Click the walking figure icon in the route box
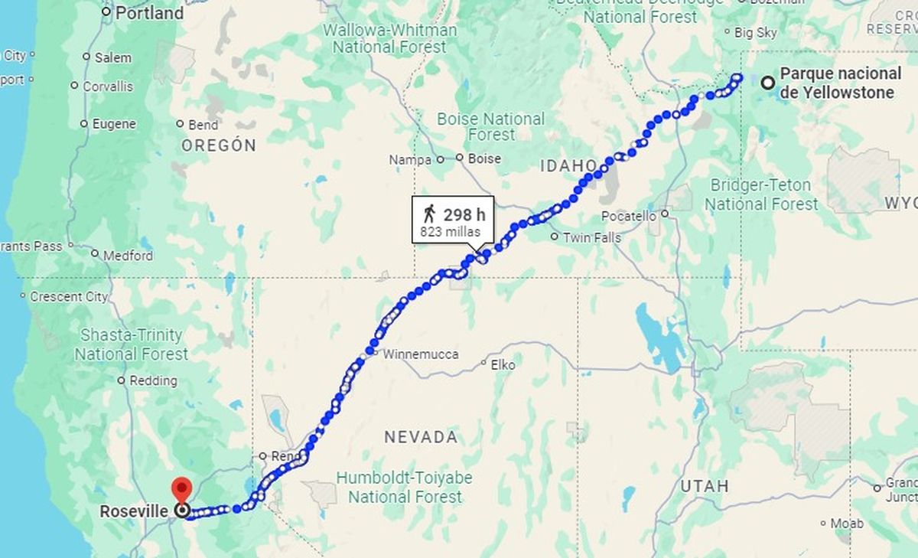tap(428, 214)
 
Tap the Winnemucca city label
tap(421, 354)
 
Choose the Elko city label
tap(503, 365)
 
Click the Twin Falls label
tap(592, 237)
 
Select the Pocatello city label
tap(628, 216)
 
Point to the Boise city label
tap(483, 158)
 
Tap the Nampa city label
tap(410, 160)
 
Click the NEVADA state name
tap(421, 437)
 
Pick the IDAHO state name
tap(568, 165)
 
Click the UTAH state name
tap(703, 486)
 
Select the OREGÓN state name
tap(219, 145)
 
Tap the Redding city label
tap(153, 380)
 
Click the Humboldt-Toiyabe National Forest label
tap(405, 487)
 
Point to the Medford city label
tap(128, 256)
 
